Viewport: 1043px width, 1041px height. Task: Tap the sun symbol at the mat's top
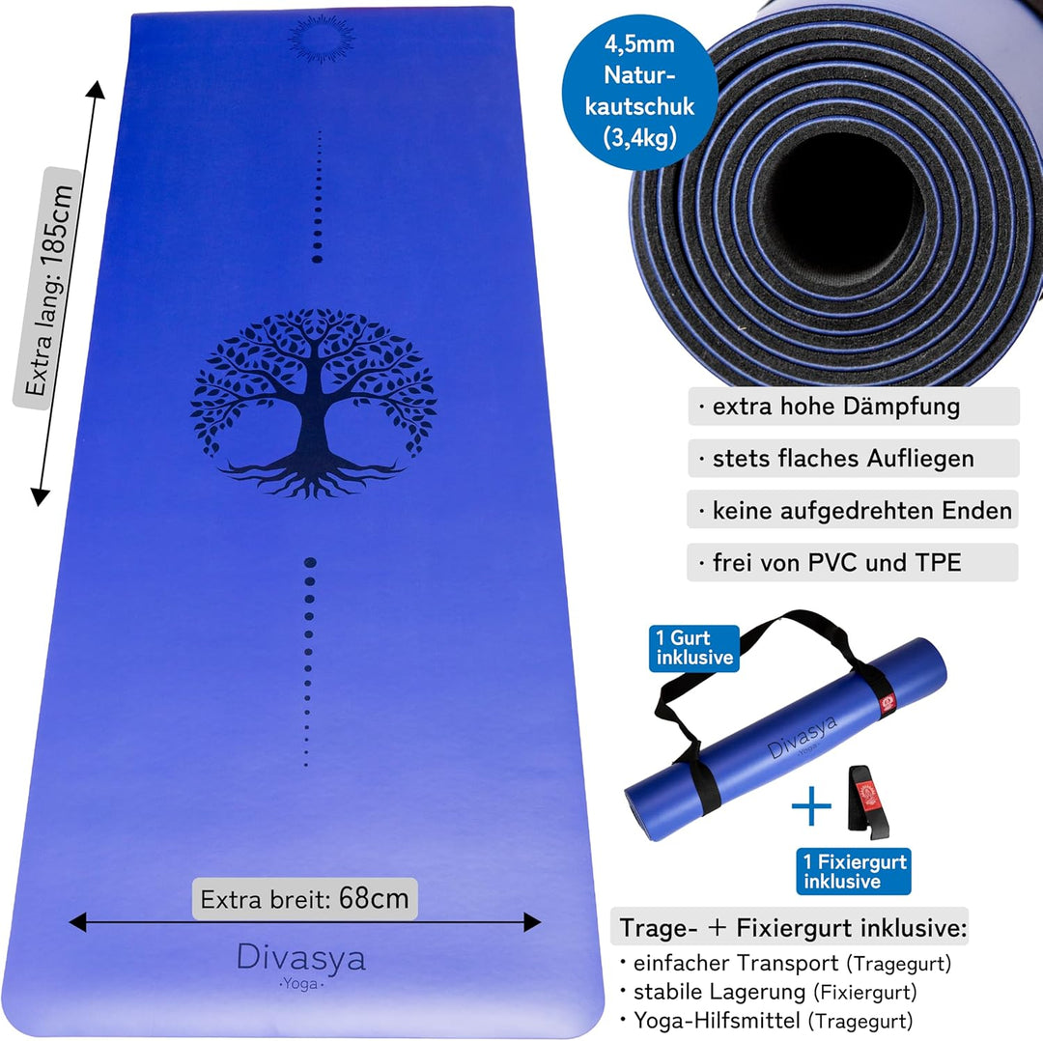pyautogui.click(x=322, y=39)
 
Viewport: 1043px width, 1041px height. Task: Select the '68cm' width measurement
pyautogui.click(x=373, y=899)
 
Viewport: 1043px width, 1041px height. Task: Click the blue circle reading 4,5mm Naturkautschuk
pyautogui.click(x=640, y=92)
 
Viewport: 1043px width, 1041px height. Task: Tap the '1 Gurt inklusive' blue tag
pyautogui.click(x=693, y=648)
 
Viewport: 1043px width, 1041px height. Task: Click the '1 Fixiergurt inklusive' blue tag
pyautogui.click(x=854, y=871)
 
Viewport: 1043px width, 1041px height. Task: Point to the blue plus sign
pyautogui.click(x=811, y=805)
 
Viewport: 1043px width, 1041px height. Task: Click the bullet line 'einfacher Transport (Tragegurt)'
pyautogui.click(x=786, y=963)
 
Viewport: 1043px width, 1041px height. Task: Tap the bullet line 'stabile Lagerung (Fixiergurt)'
pyautogui.click(x=769, y=992)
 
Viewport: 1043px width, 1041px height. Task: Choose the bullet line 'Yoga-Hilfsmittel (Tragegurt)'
pyautogui.click(x=767, y=1021)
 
